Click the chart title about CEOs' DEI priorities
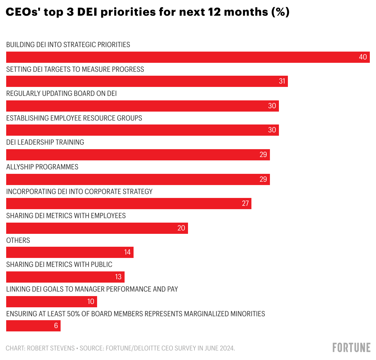pyautogui.click(x=147, y=12)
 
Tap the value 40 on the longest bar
pyautogui.click(x=363, y=57)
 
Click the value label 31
pyautogui.click(x=282, y=81)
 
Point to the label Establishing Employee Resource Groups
pyautogui.click(x=74, y=118)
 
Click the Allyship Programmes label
pyautogui.click(x=42, y=167)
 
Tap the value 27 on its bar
pyautogui.click(x=245, y=204)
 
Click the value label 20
pyautogui.click(x=181, y=228)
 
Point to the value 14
pyautogui.click(x=127, y=252)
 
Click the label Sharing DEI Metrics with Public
pyautogui.click(x=59, y=264)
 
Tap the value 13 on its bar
pyautogui.click(x=118, y=277)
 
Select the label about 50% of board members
pyautogui.click(x=136, y=314)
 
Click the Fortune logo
pyautogui.click(x=351, y=347)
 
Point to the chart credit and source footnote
pyautogui.click(x=120, y=348)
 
